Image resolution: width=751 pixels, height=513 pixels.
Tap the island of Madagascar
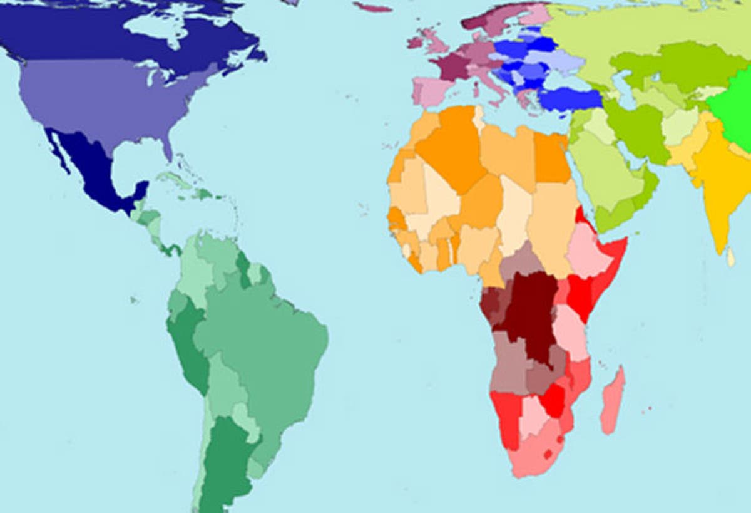pyautogui.click(x=613, y=401)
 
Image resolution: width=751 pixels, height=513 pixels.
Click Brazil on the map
pyautogui.click(x=269, y=351)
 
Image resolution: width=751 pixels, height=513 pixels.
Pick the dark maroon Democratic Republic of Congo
pyautogui.click(x=529, y=313)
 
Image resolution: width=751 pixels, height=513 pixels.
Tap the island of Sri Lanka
pyautogui.click(x=731, y=256)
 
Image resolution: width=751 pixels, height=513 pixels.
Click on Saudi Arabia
pyautogui.click(x=604, y=169)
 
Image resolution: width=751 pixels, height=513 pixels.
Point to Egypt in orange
pyautogui.click(x=551, y=157)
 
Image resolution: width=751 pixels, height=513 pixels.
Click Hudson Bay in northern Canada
pyautogui.click(x=153, y=25)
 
